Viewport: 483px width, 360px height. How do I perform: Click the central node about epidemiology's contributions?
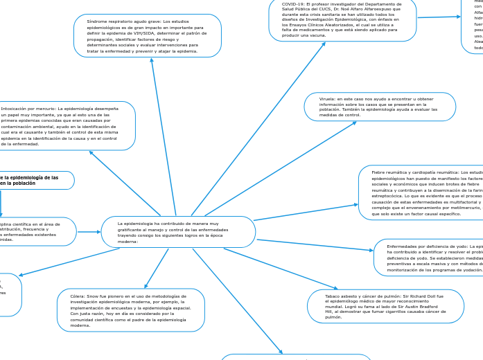[178, 232]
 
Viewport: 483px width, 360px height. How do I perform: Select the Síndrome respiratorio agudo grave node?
[147, 36]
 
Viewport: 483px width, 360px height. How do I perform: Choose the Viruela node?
[380, 107]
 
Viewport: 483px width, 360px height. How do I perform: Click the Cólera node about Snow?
[130, 310]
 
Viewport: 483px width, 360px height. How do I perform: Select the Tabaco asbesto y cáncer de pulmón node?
[385, 306]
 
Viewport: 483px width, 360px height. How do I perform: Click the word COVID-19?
[293, 3]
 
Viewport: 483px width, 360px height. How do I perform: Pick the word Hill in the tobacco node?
[330, 312]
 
